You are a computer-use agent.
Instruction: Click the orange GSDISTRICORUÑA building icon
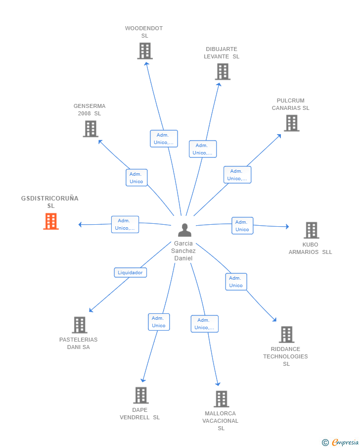[x=51, y=221]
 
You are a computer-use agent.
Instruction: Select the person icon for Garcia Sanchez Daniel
[x=185, y=230]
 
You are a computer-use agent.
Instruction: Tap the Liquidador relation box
[x=130, y=273]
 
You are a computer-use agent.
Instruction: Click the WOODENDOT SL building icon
[x=145, y=51]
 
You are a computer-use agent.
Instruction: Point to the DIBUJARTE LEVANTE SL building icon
[x=223, y=71]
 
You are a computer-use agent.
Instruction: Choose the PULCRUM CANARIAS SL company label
[x=291, y=104]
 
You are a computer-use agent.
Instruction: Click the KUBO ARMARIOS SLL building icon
[x=312, y=230]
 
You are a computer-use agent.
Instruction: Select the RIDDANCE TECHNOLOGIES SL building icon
[x=287, y=334]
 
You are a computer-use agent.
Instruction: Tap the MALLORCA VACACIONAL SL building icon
[x=222, y=399]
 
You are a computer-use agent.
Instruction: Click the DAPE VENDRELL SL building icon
[x=141, y=396]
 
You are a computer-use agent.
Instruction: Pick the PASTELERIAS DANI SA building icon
[x=80, y=325]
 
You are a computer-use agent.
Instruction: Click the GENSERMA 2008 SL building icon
[x=90, y=129]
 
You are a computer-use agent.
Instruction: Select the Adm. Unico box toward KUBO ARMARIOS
[x=242, y=226]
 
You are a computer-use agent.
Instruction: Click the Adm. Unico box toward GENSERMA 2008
[x=136, y=178]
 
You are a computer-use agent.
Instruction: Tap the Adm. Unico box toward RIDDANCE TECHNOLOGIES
[x=236, y=282]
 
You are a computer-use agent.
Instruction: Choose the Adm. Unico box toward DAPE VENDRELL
[x=159, y=322]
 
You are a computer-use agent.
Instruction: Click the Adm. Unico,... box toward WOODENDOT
[x=164, y=139]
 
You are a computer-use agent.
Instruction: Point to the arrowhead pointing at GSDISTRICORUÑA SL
[x=80, y=225]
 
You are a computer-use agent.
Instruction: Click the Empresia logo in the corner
[x=341, y=442]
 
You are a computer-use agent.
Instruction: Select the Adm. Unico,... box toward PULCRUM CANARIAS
[x=237, y=175]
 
